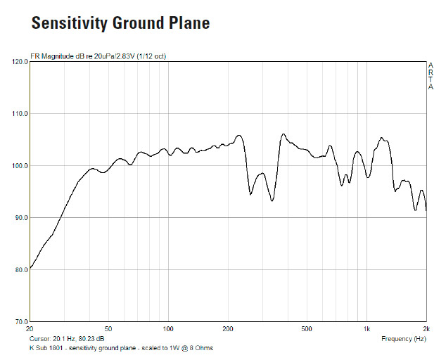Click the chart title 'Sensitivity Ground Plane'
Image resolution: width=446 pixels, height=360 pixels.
[x=120, y=23]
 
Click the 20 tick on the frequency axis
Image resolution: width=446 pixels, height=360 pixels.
[x=30, y=329]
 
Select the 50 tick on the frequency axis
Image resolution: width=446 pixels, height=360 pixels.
[x=108, y=329]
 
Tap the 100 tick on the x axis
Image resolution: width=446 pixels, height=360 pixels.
[x=168, y=329]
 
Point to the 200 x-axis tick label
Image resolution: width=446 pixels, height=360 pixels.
[x=228, y=329]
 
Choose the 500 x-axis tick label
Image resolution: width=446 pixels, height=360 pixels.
[x=307, y=329]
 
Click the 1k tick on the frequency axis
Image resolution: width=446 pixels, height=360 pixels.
[x=367, y=329]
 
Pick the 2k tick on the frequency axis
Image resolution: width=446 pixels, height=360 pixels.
[x=426, y=329]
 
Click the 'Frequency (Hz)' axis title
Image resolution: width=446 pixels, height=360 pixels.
[x=404, y=338]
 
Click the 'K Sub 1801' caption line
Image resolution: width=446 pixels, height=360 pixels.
[x=120, y=348]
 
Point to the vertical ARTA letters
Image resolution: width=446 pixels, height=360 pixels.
[x=431, y=76]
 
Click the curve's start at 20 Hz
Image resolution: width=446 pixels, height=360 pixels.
[x=30, y=269]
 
